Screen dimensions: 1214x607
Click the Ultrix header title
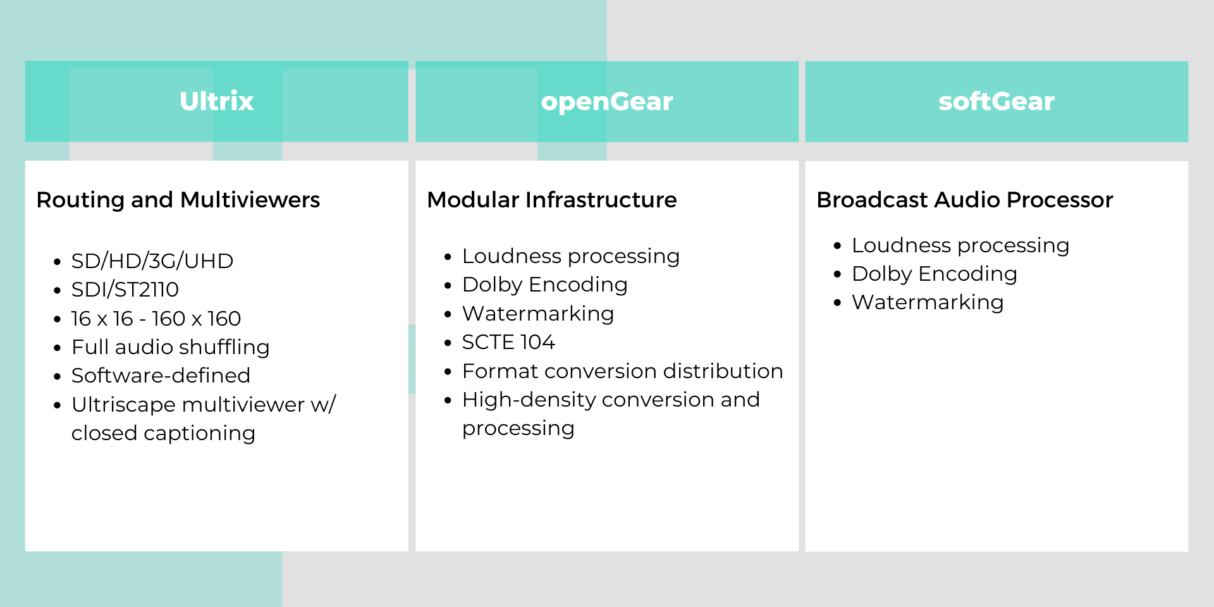(x=216, y=101)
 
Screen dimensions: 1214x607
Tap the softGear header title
(x=996, y=101)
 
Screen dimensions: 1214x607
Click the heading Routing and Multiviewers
(x=178, y=200)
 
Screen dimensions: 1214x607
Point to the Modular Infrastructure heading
(x=552, y=200)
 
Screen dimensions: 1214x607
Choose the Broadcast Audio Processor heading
(x=965, y=200)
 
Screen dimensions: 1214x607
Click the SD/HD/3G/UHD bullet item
(x=152, y=261)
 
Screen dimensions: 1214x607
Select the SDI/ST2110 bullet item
(x=125, y=289)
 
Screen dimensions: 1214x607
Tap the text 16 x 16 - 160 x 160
(x=156, y=318)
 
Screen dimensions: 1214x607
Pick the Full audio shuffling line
(x=171, y=347)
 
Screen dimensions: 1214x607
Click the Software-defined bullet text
(x=161, y=376)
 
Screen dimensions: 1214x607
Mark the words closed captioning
(x=163, y=433)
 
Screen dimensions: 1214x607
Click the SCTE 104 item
(x=509, y=342)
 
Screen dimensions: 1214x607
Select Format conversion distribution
(x=623, y=371)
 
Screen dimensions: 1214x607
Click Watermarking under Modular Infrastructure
(x=538, y=314)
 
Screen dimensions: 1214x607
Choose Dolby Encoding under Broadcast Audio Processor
(x=935, y=274)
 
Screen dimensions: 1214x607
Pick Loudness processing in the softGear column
(x=960, y=245)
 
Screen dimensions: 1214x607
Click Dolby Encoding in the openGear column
(x=545, y=285)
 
